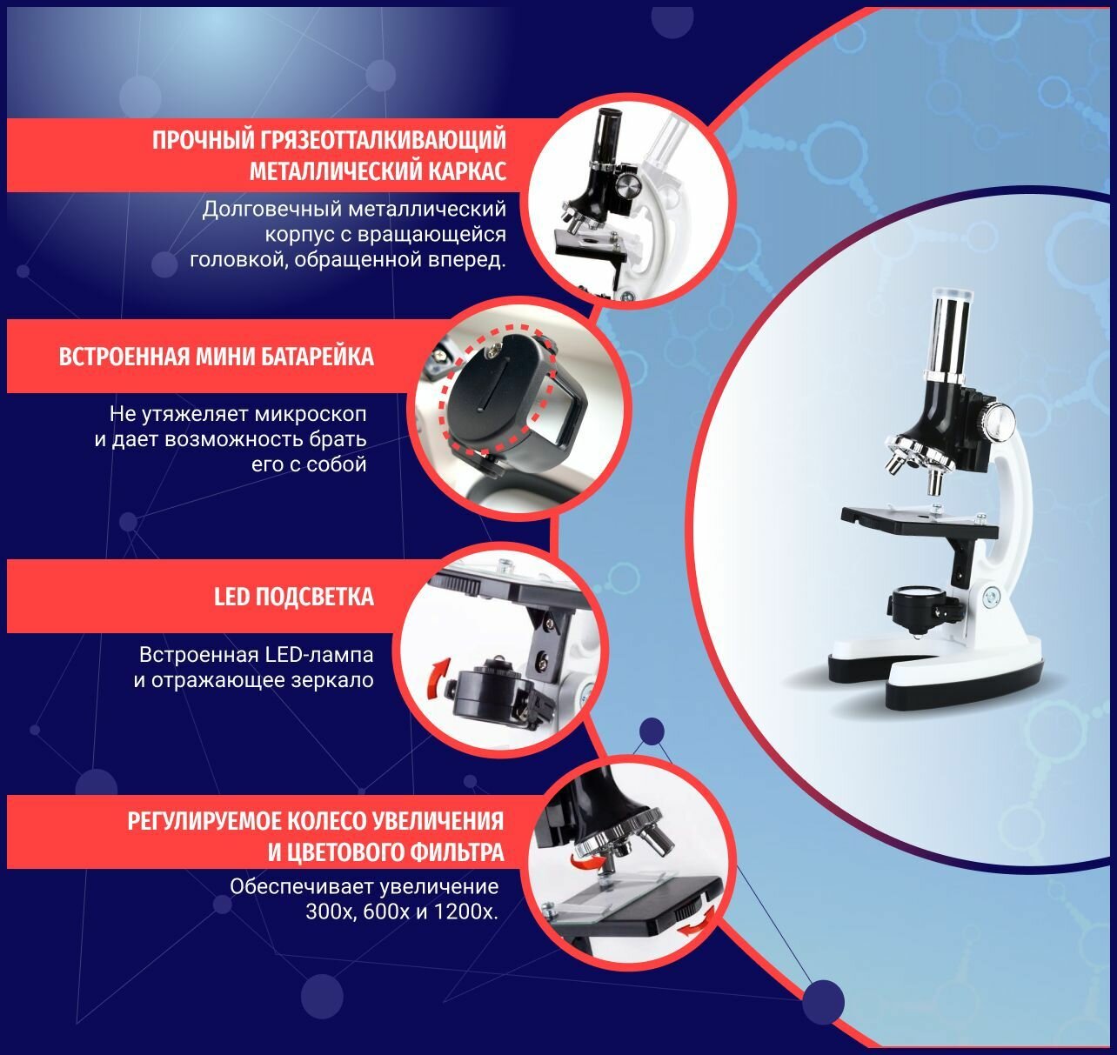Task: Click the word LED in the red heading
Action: point(231,597)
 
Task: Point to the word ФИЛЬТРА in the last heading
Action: point(457,852)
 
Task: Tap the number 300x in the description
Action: point(331,911)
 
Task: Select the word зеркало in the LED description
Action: point(331,680)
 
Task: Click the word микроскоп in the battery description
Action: point(311,415)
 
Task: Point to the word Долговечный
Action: point(272,210)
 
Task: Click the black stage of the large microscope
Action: point(920,521)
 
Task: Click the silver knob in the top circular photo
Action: point(627,184)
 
